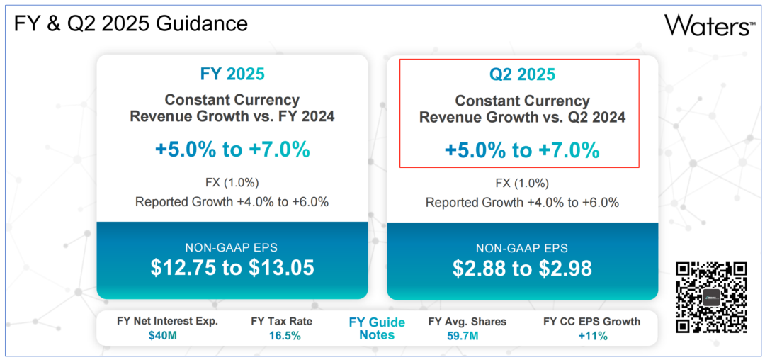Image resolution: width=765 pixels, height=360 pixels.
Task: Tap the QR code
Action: click(x=711, y=297)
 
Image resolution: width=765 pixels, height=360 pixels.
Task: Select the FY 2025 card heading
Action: click(x=232, y=74)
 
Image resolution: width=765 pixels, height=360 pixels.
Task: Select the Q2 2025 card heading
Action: click(x=523, y=74)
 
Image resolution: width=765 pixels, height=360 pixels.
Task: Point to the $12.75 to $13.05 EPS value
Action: click(x=232, y=267)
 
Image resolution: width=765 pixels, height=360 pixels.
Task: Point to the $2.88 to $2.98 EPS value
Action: click(x=523, y=268)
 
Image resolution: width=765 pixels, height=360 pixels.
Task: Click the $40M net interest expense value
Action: click(x=162, y=335)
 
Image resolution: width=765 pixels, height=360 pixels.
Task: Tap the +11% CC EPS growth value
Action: click(x=591, y=335)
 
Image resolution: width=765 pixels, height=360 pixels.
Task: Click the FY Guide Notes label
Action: click(x=377, y=328)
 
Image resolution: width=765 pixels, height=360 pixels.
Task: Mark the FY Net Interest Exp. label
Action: click(x=167, y=321)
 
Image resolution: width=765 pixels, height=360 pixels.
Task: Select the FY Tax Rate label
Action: click(x=282, y=321)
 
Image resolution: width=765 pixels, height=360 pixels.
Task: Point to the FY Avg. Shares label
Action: click(x=467, y=321)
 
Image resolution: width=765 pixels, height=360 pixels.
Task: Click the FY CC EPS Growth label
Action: click(x=591, y=321)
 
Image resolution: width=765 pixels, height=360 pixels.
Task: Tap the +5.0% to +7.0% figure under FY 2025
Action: click(x=232, y=150)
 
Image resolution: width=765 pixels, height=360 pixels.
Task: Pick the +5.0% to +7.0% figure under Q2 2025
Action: click(x=523, y=150)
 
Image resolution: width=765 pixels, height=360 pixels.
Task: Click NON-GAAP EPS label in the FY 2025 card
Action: click(x=232, y=248)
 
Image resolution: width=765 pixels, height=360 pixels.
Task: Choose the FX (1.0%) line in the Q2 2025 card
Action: click(x=523, y=182)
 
